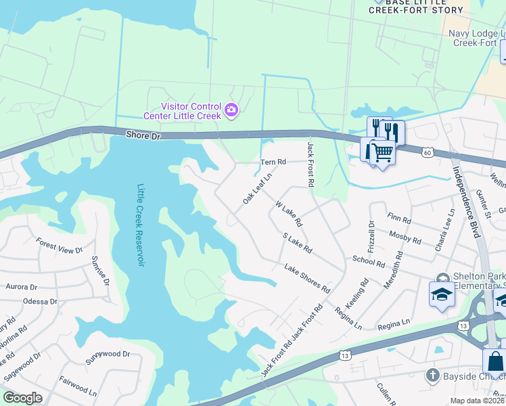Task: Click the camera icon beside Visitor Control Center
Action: [231, 109]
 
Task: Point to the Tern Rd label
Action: [274, 162]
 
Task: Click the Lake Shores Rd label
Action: [306, 278]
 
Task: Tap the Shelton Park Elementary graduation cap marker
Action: [442, 294]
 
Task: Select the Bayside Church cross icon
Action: [432, 374]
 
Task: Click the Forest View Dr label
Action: [59, 245]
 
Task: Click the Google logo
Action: [22, 397]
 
